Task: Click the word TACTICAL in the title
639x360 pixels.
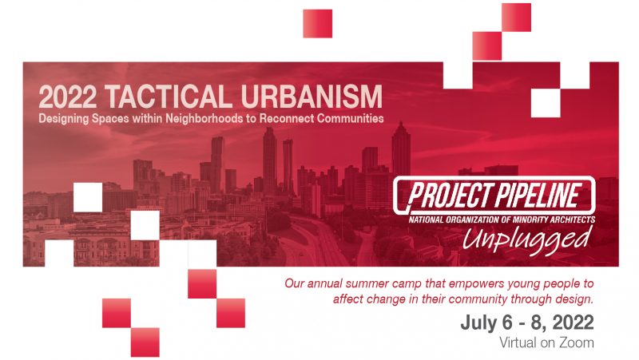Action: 168,97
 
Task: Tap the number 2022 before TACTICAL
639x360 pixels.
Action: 68,97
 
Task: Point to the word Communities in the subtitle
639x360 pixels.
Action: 350,118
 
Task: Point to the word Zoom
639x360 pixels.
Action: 576,342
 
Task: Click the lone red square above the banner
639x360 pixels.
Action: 317,24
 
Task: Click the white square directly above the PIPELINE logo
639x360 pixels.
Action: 546,103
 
